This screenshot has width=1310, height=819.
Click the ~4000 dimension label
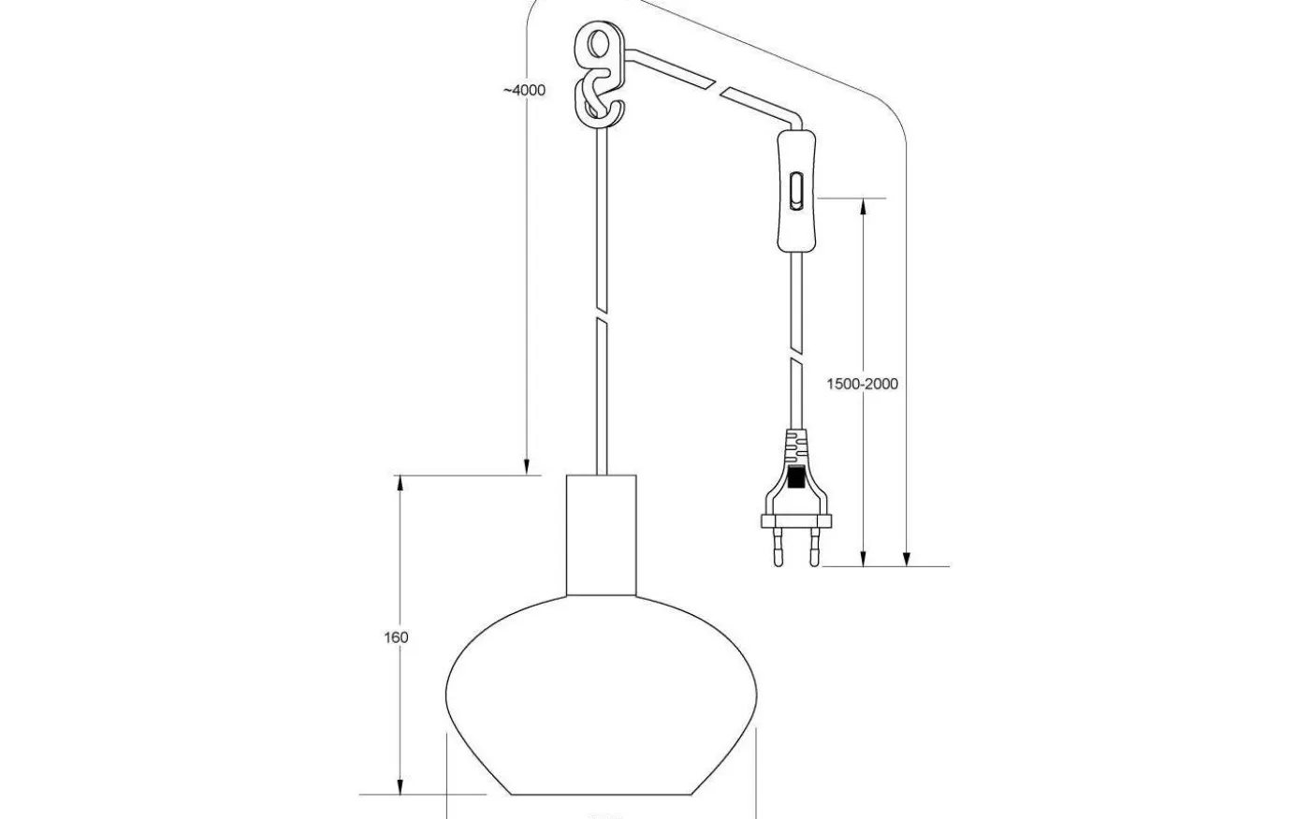(x=523, y=91)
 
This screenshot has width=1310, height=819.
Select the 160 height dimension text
(x=396, y=637)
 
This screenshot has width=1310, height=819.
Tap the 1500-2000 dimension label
(x=862, y=384)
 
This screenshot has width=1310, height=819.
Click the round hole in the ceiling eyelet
(x=597, y=45)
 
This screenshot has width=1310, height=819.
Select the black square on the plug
(x=796, y=479)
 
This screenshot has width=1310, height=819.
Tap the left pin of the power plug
(x=778, y=548)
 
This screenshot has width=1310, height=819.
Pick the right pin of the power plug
(x=815, y=548)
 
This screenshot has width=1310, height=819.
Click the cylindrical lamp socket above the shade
(x=601, y=534)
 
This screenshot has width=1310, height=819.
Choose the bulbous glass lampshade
(x=601, y=693)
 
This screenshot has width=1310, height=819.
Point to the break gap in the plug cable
(x=796, y=346)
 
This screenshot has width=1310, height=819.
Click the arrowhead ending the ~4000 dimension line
(x=527, y=467)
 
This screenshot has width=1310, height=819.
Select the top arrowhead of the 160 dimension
(x=400, y=484)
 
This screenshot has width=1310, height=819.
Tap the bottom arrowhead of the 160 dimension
(x=400, y=785)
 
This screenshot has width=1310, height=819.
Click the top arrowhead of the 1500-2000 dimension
(x=863, y=206)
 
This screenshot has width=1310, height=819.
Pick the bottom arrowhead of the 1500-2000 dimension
(x=863, y=559)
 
